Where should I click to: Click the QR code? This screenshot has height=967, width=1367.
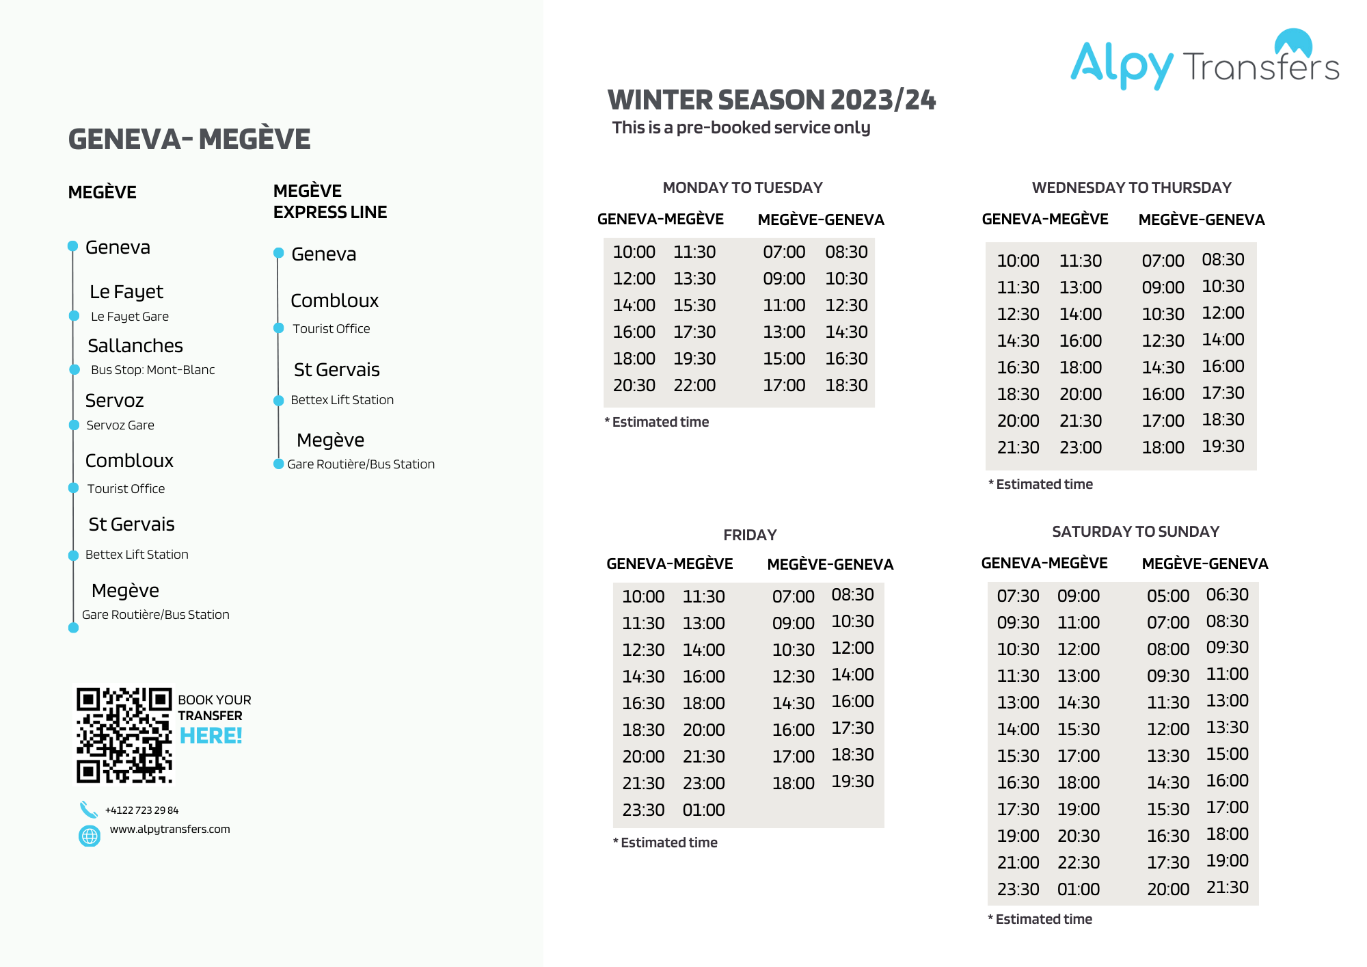pos(124,735)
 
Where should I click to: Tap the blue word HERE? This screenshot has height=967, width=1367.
pos(211,736)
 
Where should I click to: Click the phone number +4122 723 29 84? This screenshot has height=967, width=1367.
pos(141,810)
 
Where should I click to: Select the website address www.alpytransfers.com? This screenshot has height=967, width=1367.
pos(170,829)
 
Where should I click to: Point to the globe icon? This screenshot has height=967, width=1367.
pos(90,836)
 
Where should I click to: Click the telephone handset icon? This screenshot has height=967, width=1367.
pos(88,810)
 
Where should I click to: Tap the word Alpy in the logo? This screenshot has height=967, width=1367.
pos(1121,64)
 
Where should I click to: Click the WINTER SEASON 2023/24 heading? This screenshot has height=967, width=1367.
pos(771,100)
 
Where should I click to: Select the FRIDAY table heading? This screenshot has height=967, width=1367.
pos(750,535)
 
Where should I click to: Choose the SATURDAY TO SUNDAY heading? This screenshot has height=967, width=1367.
pos(1135,531)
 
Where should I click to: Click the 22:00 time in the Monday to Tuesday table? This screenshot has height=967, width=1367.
pos(694,385)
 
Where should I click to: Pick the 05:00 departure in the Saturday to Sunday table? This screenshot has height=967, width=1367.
pos(1167,596)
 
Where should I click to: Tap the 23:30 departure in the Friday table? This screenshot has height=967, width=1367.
pos(643,810)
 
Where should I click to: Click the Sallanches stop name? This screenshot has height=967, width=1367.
pos(135,345)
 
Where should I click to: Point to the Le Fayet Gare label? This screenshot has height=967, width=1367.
pos(130,317)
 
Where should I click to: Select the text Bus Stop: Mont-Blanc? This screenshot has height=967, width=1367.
pos(152,370)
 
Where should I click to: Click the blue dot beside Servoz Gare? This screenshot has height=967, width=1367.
pos(74,425)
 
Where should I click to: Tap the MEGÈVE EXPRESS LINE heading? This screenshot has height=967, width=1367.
pos(329,201)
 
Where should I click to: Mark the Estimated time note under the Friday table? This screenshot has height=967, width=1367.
pos(665,843)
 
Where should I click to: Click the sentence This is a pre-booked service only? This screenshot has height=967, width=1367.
pos(741,128)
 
